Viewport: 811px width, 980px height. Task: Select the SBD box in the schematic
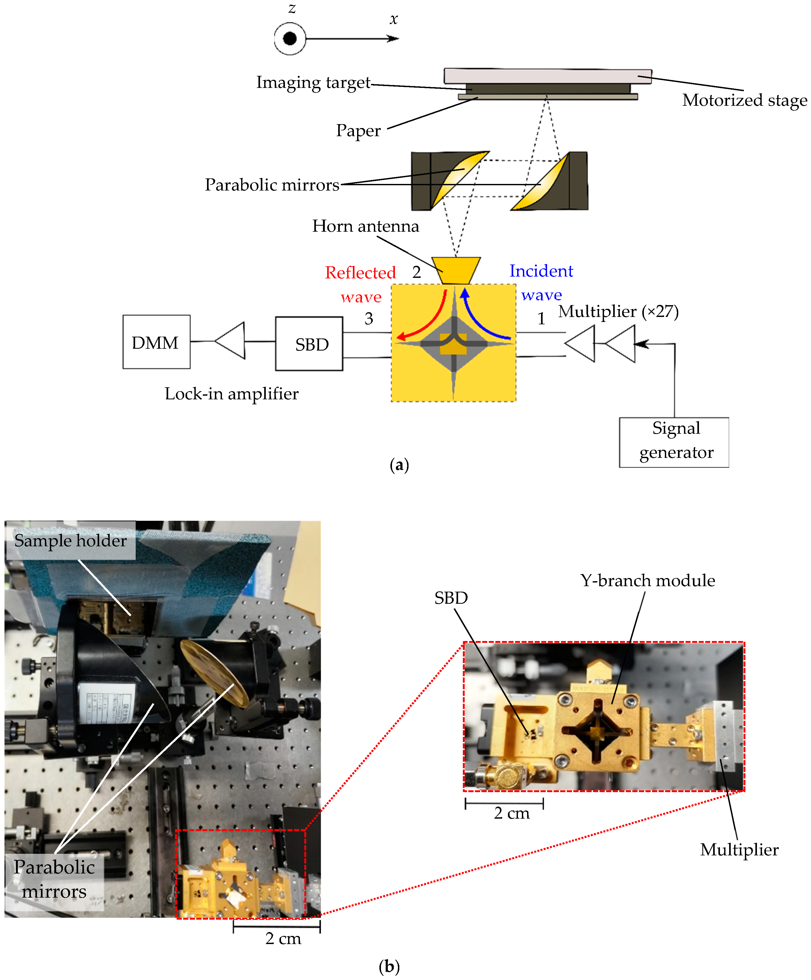coord(309,344)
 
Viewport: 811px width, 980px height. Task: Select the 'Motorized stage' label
coord(744,100)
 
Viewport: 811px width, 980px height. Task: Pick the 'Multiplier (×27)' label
coord(618,311)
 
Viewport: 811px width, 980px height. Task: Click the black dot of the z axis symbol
coord(290,38)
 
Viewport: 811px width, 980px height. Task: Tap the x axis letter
coord(393,20)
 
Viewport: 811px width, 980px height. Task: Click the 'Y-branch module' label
coord(647,581)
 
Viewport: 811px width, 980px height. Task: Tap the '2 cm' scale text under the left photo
coord(283,938)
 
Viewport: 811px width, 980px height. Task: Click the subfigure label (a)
coord(399,465)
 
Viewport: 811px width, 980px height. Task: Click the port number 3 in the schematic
coord(369,319)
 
